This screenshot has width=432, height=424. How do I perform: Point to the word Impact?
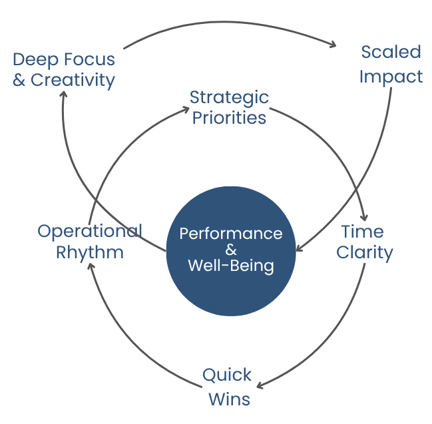point(391,77)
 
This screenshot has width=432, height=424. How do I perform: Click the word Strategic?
point(229,97)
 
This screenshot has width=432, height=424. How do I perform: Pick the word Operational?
point(89,231)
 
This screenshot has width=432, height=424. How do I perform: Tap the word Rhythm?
point(89,253)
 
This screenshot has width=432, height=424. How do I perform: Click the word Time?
point(362,232)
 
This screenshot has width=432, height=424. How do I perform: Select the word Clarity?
point(365,253)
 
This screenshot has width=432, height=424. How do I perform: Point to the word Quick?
point(227,375)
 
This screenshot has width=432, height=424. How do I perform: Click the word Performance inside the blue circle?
point(230,234)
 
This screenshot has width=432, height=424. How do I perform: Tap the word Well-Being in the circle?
point(230,266)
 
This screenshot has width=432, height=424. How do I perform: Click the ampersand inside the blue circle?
point(230,250)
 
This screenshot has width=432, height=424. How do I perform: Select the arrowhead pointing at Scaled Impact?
point(333,45)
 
